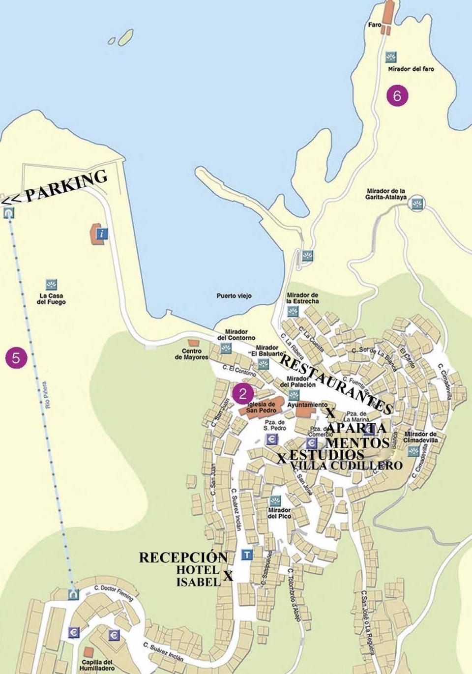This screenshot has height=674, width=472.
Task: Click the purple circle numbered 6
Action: [x=397, y=96]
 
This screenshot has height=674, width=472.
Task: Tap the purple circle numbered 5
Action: [x=16, y=358]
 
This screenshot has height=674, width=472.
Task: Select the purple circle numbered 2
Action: [x=242, y=393]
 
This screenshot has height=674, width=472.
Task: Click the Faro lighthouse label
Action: [x=374, y=25]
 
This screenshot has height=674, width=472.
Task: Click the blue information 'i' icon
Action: [x=102, y=234]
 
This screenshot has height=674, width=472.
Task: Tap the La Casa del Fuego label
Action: [x=51, y=299]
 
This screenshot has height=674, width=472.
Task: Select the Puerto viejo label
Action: [x=234, y=296]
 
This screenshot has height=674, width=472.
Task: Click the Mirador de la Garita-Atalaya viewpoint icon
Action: [x=417, y=204]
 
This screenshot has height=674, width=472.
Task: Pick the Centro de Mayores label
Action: [x=191, y=354]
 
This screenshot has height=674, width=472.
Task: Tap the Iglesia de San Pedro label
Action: [x=261, y=407]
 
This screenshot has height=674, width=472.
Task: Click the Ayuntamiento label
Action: [x=307, y=405]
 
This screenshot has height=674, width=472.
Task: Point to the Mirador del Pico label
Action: [x=279, y=513]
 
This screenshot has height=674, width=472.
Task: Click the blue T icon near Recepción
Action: [x=247, y=555]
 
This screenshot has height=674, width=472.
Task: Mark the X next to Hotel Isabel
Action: [x=228, y=576]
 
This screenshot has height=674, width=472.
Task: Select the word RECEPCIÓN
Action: [x=183, y=557]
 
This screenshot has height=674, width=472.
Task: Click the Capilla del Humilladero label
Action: [x=98, y=665]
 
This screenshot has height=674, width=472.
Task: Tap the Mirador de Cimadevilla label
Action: [x=420, y=437]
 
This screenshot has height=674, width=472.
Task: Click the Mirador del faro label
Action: [x=411, y=69]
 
